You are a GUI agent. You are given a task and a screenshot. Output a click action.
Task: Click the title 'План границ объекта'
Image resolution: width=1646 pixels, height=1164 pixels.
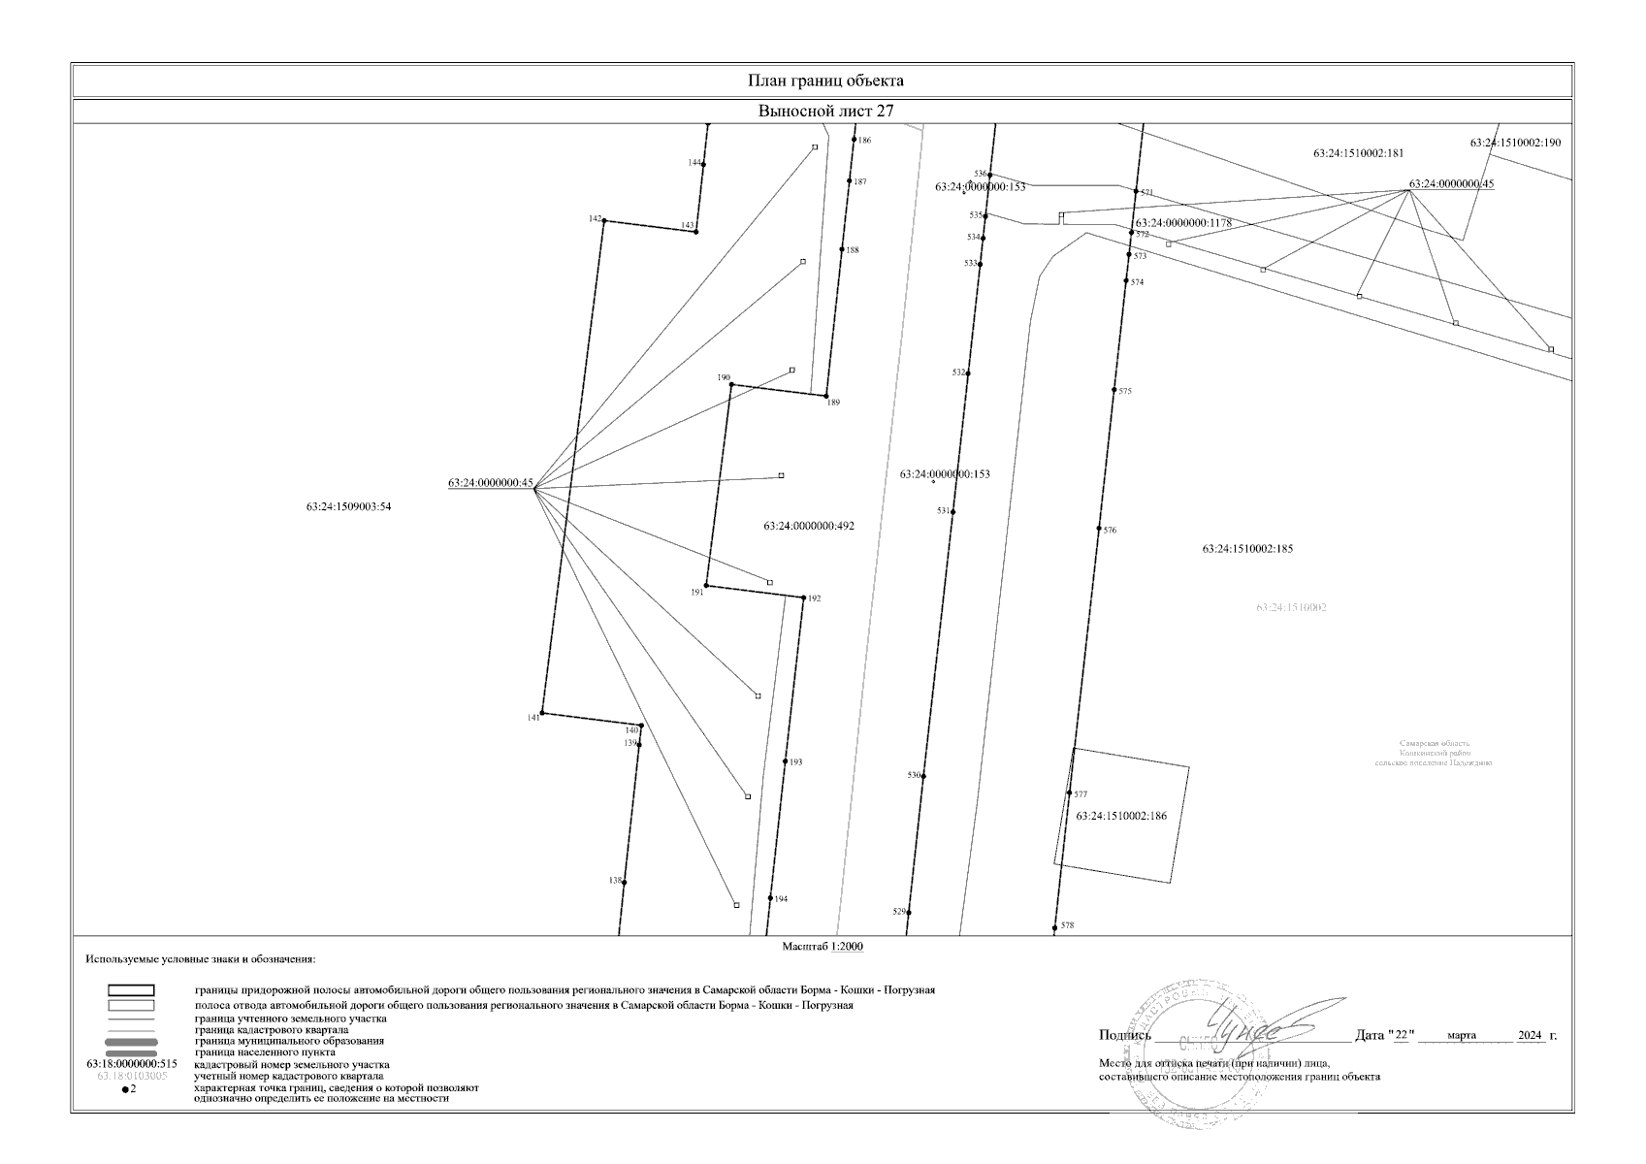tap(825, 81)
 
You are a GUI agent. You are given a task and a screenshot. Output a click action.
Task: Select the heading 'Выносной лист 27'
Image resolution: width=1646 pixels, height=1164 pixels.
tap(825, 111)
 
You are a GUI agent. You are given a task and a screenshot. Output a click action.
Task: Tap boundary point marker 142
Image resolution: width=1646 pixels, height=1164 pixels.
tap(604, 221)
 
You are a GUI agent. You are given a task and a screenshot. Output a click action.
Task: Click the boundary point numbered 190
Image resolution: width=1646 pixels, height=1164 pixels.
tap(731, 385)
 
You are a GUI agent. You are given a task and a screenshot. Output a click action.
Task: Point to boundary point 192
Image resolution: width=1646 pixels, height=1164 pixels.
tap(804, 598)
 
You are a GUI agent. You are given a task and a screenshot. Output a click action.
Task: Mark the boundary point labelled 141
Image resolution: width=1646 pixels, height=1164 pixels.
tap(542, 713)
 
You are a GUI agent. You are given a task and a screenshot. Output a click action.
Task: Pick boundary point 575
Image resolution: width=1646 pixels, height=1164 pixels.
tap(1114, 390)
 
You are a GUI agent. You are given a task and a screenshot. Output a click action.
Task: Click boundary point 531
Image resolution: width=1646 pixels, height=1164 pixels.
tap(953, 512)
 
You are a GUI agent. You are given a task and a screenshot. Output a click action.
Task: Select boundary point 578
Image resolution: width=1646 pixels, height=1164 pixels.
tap(1055, 927)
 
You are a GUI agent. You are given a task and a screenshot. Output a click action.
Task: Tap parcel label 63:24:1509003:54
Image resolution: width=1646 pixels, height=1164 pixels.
tap(348, 506)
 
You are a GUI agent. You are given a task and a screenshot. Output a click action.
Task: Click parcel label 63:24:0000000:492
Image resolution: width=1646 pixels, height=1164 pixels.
tap(809, 526)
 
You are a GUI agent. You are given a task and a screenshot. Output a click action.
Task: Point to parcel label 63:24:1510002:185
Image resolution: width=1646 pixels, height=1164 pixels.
tap(1247, 549)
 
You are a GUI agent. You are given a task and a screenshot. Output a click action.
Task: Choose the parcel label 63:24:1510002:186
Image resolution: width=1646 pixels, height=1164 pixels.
tap(1121, 817)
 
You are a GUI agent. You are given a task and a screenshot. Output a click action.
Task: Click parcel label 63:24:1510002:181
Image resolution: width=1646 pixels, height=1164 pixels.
tap(1358, 153)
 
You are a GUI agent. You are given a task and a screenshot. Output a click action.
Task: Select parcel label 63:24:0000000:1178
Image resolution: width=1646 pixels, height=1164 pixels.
tap(1183, 223)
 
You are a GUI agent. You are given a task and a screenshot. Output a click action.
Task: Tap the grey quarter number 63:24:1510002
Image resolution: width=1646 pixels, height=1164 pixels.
tap(1291, 608)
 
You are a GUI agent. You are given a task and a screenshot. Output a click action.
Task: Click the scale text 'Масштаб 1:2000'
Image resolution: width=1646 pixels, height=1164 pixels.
tap(823, 947)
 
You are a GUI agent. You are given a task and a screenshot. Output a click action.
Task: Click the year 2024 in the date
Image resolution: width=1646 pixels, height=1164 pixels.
tap(1530, 1036)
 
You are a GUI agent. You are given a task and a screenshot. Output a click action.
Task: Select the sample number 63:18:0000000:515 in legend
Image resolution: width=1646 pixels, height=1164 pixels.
tap(132, 1064)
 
